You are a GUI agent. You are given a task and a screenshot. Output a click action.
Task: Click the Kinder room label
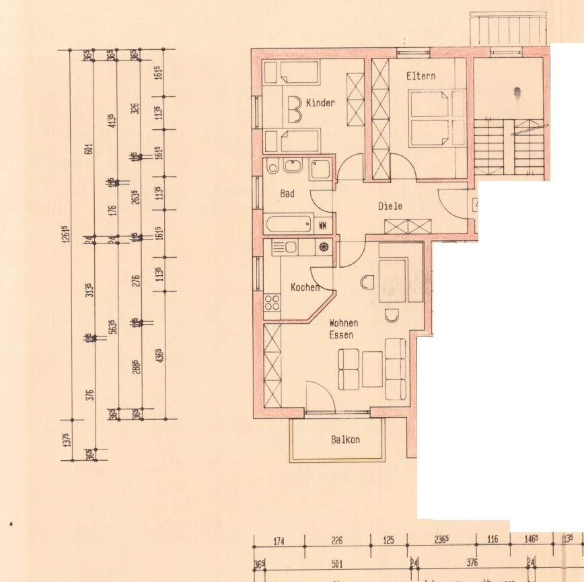[320, 103]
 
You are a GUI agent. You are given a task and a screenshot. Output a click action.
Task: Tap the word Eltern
[421, 76]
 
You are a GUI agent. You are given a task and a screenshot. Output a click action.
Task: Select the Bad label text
[287, 194]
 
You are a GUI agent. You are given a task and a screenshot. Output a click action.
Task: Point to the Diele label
[390, 206]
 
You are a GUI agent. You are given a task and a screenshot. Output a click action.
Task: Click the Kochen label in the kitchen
[305, 287]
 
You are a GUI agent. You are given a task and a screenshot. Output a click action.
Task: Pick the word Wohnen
[343, 323]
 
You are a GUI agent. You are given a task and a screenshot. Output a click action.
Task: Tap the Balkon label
[345, 440]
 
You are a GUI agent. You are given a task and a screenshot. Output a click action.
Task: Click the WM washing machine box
[323, 225]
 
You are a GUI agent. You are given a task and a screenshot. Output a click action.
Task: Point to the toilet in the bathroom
[272, 168]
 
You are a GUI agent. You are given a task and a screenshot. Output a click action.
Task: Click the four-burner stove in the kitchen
[272, 302]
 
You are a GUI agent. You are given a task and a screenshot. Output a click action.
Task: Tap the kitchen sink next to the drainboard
[291, 248]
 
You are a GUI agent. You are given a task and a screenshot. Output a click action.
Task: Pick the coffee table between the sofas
[372, 369]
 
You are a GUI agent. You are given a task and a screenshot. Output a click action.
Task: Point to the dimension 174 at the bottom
[278, 540]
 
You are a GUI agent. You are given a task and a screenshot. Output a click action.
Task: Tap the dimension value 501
[337, 563]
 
